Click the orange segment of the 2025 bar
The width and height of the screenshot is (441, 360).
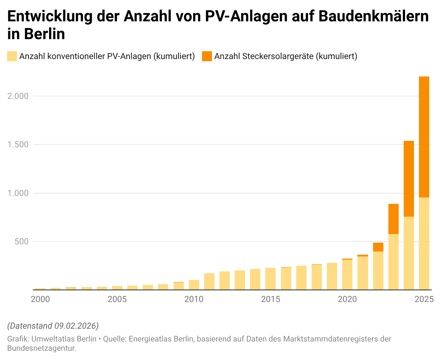[x=424, y=137]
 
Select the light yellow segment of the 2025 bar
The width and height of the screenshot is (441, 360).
[x=424, y=243]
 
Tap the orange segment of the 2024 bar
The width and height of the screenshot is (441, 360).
[x=409, y=179]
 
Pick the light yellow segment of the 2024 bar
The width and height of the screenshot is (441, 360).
[x=409, y=253]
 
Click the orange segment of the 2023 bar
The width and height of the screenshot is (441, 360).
[x=393, y=219]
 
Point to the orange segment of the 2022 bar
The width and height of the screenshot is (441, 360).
[x=378, y=247]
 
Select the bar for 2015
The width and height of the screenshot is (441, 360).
[x=270, y=279]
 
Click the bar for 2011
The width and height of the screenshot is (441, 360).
[x=209, y=281]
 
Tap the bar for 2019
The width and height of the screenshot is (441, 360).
[x=332, y=276]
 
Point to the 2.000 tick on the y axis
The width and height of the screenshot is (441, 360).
[x=18, y=96]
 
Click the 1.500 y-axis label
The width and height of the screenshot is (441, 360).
[x=18, y=144]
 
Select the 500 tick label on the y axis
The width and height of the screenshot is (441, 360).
[x=21, y=242]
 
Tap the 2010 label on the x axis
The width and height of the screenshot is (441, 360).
[x=193, y=299]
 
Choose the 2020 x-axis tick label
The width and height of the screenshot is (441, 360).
[x=347, y=299]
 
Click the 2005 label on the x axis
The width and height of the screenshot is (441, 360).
[x=117, y=299]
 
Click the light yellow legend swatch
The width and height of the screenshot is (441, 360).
[x=12, y=56]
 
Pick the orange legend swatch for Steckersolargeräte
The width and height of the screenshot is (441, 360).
[x=207, y=56]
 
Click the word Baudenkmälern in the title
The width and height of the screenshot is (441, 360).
[x=373, y=16]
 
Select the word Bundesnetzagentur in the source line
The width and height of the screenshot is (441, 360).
[x=41, y=348]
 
